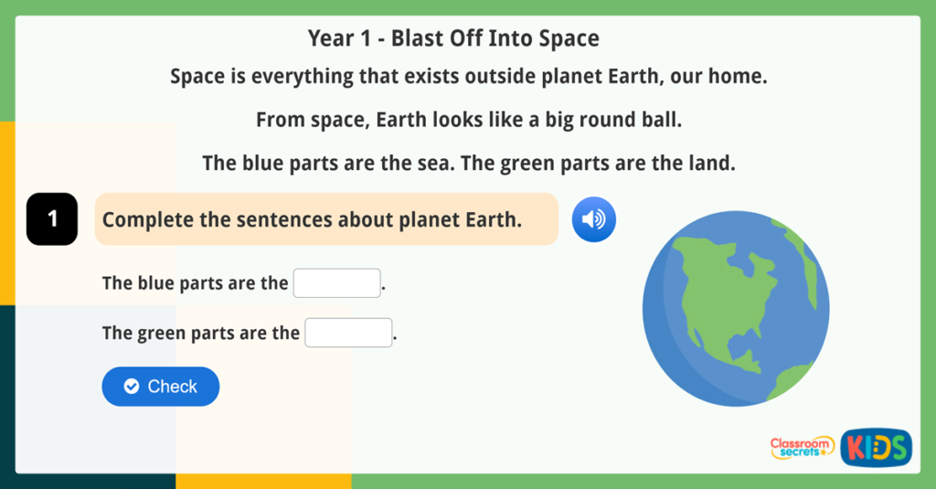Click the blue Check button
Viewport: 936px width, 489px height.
pyautogui.click(x=160, y=387)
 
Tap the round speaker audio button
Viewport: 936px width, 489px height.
pyautogui.click(x=594, y=219)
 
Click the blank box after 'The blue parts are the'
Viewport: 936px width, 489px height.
pyautogui.click(x=336, y=283)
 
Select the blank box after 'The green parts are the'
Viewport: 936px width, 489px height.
pyautogui.click(x=348, y=333)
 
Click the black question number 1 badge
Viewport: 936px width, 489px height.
pyautogui.click(x=52, y=219)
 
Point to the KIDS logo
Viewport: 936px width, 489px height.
pyautogui.click(x=876, y=448)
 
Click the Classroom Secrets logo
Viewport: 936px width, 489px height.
pyautogui.click(x=802, y=447)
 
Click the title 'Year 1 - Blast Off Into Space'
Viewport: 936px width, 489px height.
pyautogui.click(x=453, y=38)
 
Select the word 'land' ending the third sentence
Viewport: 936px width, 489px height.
pyautogui.click(x=712, y=164)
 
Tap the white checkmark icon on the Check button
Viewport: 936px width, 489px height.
pyautogui.click(x=132, y=387)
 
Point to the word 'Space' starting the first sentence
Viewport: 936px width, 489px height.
pyautogui.click(x=196, y=77)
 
